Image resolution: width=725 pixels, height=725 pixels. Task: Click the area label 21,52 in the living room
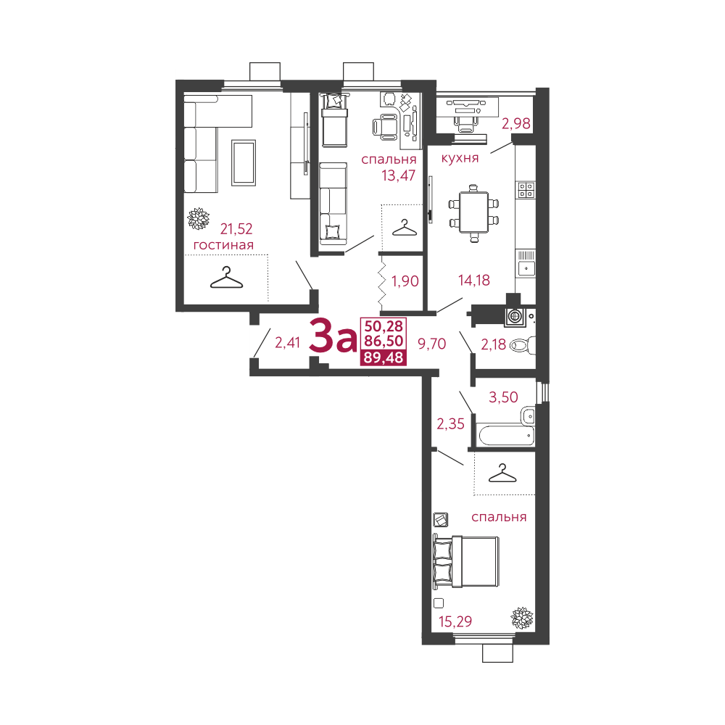point(236,229)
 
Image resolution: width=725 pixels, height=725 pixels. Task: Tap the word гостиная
point(223,244)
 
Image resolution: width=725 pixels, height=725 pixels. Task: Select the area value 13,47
point(399,175)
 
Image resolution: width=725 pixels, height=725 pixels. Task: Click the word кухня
point(460,158)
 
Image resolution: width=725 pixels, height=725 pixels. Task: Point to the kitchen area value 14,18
point(474,280)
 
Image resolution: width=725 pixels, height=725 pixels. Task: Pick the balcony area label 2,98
point(516,123)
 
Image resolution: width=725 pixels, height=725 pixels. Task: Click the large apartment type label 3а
point(333,336)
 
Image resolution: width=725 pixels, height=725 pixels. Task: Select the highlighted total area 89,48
point(384,357)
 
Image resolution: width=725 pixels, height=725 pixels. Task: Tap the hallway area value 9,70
point(432,344)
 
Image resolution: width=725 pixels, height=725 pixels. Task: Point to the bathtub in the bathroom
point(506,436)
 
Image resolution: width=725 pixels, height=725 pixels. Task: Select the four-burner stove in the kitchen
point(526,190)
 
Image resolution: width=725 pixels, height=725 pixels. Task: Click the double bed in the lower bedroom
point(466,562)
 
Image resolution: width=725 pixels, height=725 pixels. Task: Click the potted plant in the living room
point(199,218)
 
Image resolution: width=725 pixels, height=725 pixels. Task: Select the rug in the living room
point(244,162)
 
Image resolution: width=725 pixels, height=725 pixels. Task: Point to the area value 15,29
point(455,622)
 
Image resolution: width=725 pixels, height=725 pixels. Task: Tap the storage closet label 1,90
point(405,281)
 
